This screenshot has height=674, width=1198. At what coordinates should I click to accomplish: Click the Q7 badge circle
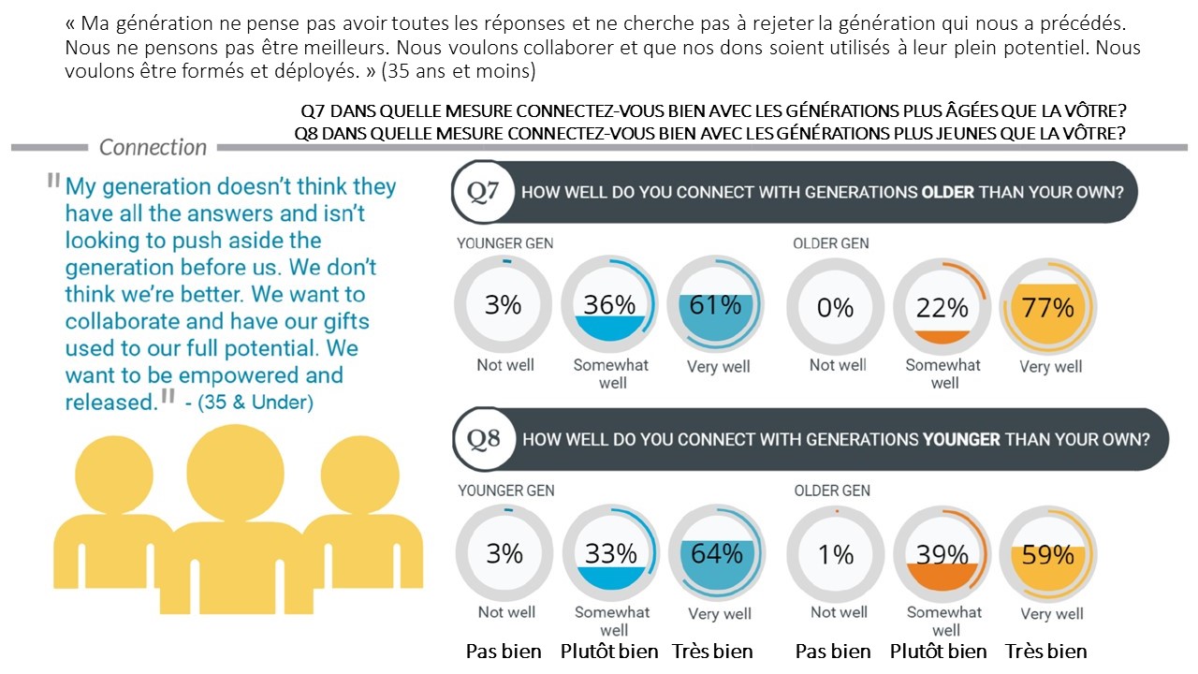[483, 192]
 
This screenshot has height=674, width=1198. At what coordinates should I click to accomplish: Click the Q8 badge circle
[483, 439]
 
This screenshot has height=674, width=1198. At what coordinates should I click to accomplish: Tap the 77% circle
[1049, 307]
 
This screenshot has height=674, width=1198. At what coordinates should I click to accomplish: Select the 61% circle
[716, 306]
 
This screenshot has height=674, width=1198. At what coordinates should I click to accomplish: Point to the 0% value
[835, 307]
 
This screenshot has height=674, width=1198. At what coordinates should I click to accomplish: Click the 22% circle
[942, 307]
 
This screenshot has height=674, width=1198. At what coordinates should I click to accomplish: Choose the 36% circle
[609, 306]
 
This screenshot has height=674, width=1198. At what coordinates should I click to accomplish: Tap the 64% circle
[717, 553]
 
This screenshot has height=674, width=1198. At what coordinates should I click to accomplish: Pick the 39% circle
[942, 554]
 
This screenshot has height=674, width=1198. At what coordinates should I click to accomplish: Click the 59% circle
[1048, 554]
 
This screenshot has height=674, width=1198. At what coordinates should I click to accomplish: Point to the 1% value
[835, 554]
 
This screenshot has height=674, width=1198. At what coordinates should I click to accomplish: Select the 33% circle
[610, 553]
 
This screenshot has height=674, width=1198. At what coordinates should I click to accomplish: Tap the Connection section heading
[153, 147]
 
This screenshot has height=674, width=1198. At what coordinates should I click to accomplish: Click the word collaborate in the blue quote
[123, 321]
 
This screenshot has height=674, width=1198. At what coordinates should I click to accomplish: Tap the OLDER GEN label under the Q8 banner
[831, 491]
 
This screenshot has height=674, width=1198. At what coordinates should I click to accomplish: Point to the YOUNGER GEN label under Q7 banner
[504, 243]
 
